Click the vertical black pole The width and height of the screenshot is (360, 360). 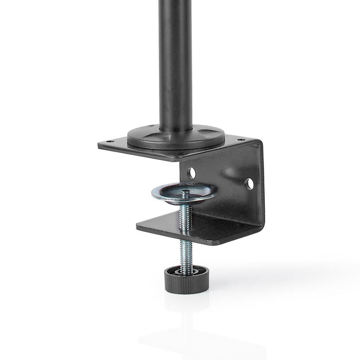point(176,62)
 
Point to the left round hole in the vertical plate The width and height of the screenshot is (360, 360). point(191,173)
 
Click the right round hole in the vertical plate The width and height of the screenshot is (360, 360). point(249,184)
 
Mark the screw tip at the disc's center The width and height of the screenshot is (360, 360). point(186,192)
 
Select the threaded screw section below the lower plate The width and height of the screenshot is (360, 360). point(186,255)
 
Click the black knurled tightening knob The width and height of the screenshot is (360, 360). point(186,280)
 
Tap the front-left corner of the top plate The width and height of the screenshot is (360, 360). point(99,146)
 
